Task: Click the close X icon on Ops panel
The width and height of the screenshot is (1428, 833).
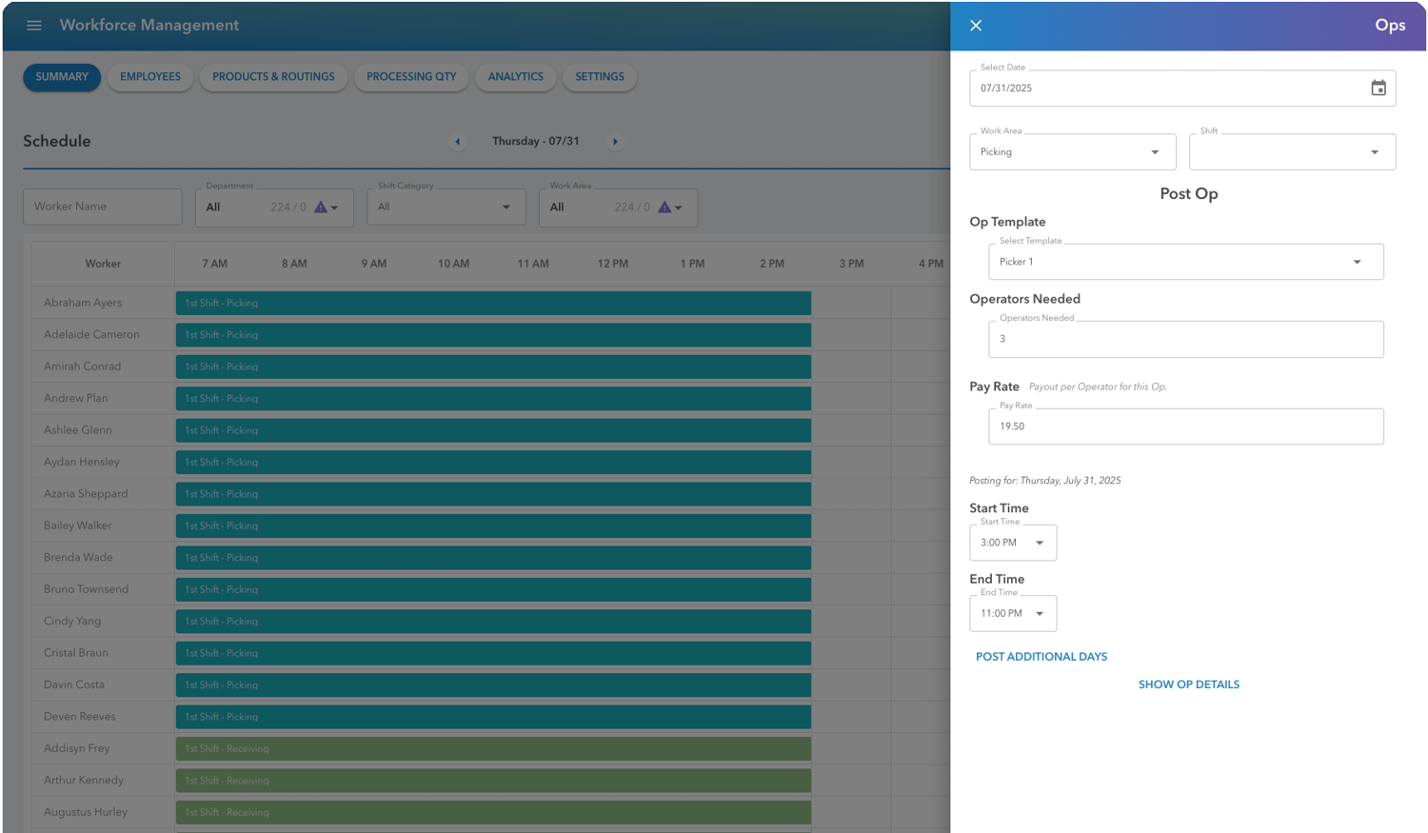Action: point(976,26)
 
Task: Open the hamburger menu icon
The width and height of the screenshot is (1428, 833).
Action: point(34,26)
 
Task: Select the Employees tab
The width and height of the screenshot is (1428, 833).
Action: point(150,77)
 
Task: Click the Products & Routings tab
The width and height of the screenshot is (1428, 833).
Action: point(273,77)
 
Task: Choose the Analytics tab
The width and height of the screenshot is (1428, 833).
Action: point(515,77)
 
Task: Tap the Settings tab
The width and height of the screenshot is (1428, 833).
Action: point(599,77)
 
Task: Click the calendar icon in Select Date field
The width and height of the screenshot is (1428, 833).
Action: point(1378,89)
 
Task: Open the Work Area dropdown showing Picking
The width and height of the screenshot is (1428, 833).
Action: point(1072,152)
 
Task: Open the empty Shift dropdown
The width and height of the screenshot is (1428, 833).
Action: point(1291,152)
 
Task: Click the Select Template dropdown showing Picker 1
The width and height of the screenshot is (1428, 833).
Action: point(1185,262)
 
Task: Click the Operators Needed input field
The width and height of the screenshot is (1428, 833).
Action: point(1185,339)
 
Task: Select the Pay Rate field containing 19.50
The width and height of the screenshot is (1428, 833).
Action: point(1185,426)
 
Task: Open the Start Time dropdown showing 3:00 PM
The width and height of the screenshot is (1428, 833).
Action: point(1012,543)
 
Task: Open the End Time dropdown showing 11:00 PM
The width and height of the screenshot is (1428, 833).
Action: point(1012,613)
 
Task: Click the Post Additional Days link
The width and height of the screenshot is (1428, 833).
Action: point(1041,657)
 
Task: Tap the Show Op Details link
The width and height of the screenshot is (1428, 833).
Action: point(1188,684)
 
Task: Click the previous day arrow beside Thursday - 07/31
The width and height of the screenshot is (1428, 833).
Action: point(458,142)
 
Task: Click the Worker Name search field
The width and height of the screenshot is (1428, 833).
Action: point(103,207)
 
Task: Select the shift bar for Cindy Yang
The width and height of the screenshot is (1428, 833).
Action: point(493,622)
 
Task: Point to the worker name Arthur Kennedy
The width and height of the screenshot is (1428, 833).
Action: point(84,781)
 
